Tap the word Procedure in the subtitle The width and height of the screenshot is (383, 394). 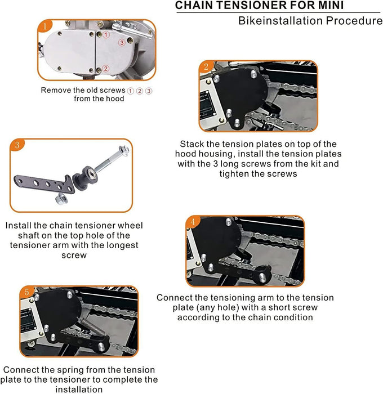click(354, 21)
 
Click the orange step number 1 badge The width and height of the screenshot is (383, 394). click(45, 26)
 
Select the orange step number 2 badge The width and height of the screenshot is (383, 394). click(206, 66)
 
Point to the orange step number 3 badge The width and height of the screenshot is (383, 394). click(17, 145)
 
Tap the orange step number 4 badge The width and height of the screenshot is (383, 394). click(193, 222)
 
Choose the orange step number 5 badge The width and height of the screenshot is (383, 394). click(26, 292)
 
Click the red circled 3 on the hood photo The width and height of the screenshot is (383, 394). click(122, 42)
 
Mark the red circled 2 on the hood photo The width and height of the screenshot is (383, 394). click(106, 68)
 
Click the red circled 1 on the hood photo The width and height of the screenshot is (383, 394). click(106, 34)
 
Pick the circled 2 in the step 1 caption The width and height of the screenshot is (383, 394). click(140, 91)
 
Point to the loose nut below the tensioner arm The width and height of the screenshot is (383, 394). click(61, 199)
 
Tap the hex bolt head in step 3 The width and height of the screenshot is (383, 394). click(124, 150)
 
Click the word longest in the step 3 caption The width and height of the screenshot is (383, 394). click(122, 245)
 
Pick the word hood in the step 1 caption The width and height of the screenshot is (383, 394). click(114, 98)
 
